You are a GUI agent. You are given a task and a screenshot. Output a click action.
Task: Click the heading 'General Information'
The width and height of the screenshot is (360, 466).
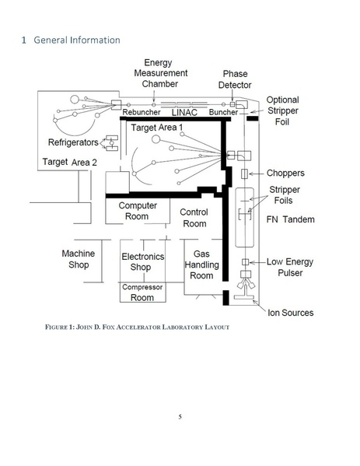[x=77, y=40]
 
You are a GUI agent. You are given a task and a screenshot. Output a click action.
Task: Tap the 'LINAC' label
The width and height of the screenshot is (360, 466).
[x=184, y=112]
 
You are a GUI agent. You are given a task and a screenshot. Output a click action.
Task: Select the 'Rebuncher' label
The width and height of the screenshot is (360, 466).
[x=142, y=112]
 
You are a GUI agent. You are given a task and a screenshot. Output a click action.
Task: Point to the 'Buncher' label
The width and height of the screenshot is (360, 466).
[x=223, y=112]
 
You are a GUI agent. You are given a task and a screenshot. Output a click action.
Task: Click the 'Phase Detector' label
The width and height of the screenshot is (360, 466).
[x=235, y=79]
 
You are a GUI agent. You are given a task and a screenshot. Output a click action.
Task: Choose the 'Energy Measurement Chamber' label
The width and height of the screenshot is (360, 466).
[x=160, y=73]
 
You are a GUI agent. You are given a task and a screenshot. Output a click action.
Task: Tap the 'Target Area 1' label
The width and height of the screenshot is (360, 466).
[x=157, y=128]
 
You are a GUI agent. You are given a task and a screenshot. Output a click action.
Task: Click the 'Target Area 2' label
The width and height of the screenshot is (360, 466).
[x=69, y=162]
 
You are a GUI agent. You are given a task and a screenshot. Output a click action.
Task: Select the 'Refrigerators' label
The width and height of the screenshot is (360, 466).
[x=73, y=142]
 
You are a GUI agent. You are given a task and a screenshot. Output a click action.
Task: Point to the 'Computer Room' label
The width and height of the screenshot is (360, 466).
[x=138, y=211]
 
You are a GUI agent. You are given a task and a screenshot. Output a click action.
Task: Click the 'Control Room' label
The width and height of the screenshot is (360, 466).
[x=194, y=218]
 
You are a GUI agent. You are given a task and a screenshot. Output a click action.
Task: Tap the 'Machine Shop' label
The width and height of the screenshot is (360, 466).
[x=79, y=259]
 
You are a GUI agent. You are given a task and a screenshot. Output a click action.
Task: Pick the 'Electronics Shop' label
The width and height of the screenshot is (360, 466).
[x=143, y=262]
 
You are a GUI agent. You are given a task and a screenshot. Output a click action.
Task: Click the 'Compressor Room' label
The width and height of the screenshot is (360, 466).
[x=142, y=293]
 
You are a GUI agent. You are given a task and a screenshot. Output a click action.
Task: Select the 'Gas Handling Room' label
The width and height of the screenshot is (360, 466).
[x=201, y=265]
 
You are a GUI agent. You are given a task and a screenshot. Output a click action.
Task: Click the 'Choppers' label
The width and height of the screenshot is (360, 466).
[x=285, y=173]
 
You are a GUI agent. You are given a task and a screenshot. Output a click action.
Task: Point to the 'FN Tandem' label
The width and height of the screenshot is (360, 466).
[x=291, y=219]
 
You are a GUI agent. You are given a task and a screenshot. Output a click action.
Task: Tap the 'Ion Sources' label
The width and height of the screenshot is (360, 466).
[x=291, y=313]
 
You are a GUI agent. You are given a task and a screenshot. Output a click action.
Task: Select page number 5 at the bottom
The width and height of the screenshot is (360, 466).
[x=180, y=417]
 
